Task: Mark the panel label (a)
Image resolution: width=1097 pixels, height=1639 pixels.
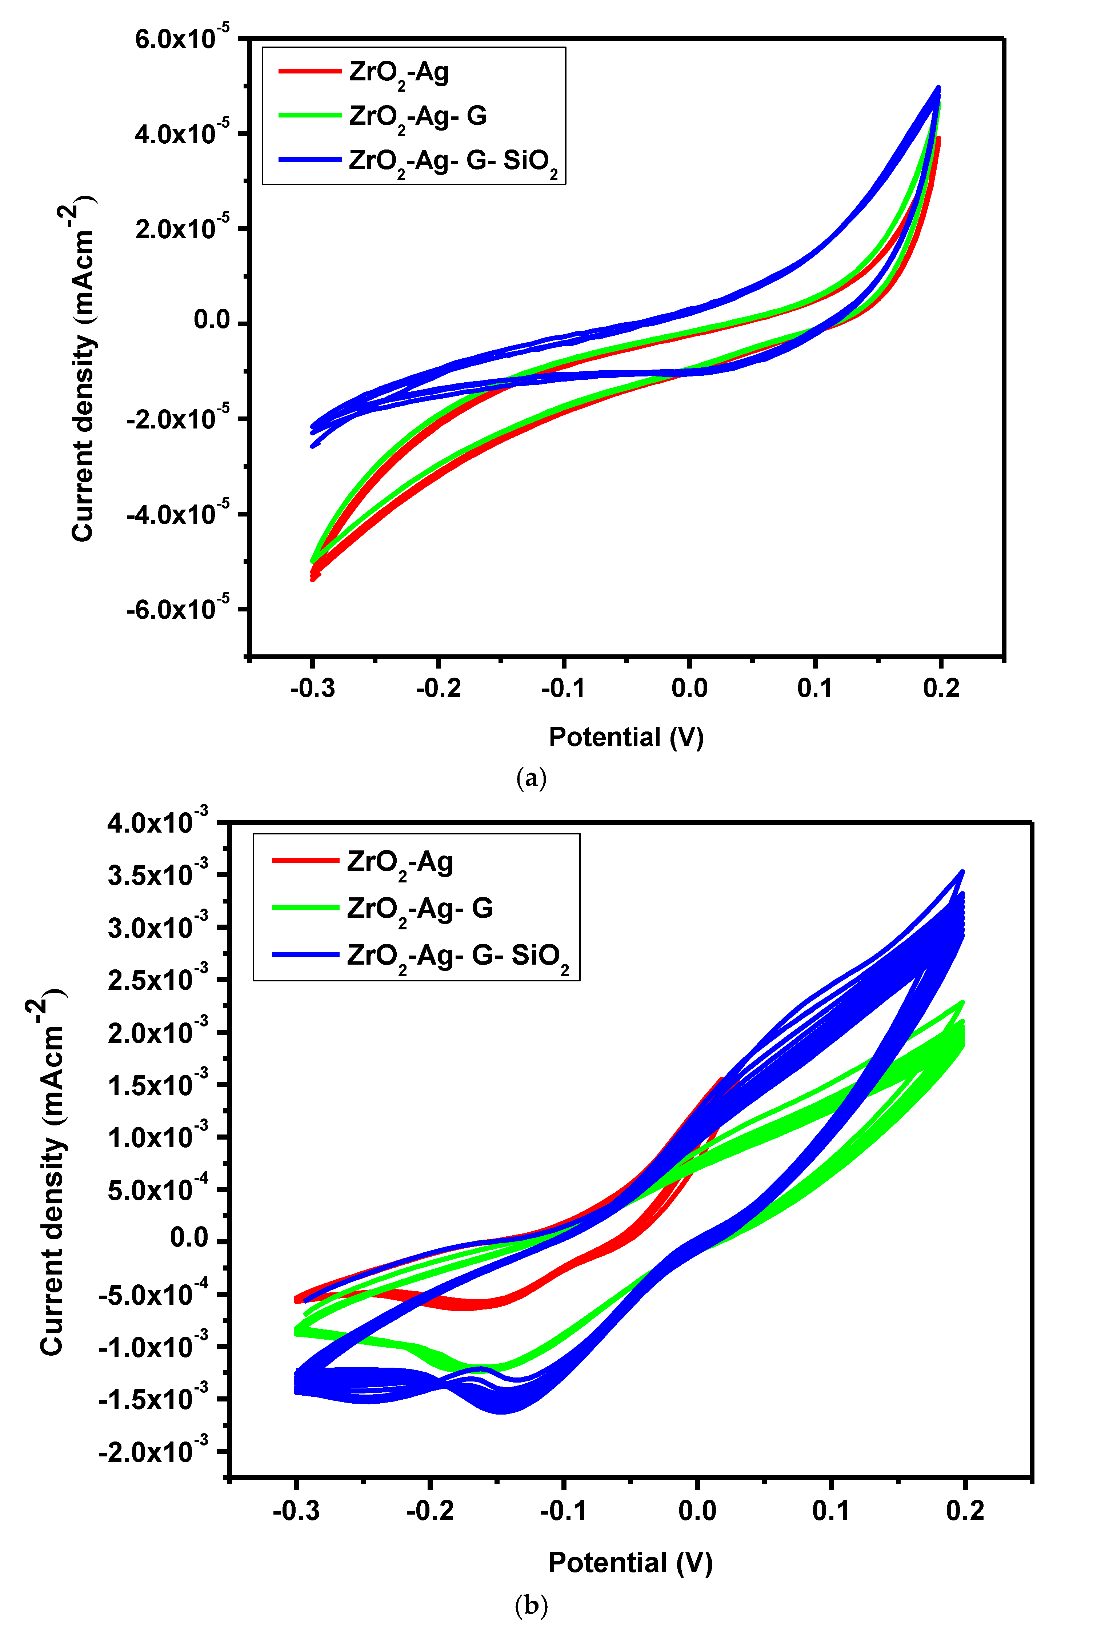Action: (531, 778)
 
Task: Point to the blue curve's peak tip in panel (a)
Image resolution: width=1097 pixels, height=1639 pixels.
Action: (938, 88)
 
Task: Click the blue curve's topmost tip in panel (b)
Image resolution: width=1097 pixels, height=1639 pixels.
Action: (963, 872)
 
